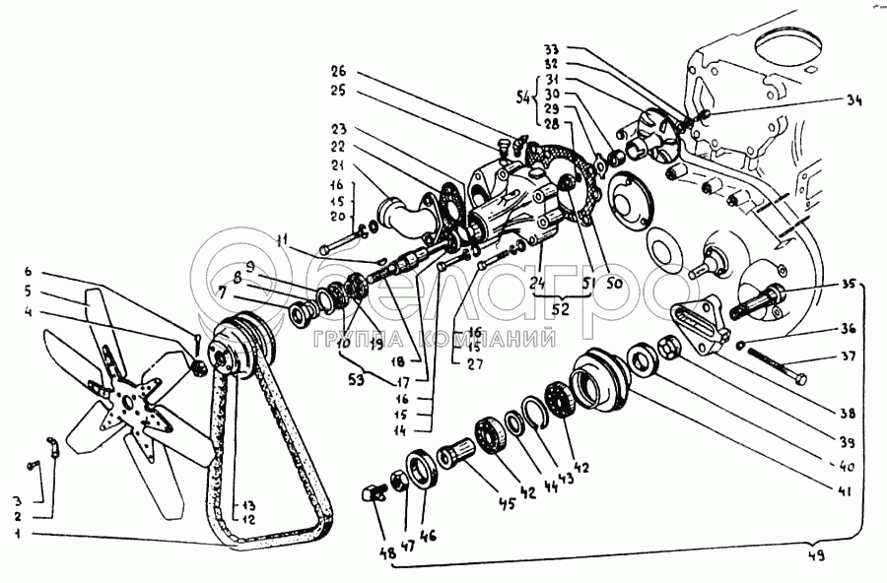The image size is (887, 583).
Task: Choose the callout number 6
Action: (x=29, y=271)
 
